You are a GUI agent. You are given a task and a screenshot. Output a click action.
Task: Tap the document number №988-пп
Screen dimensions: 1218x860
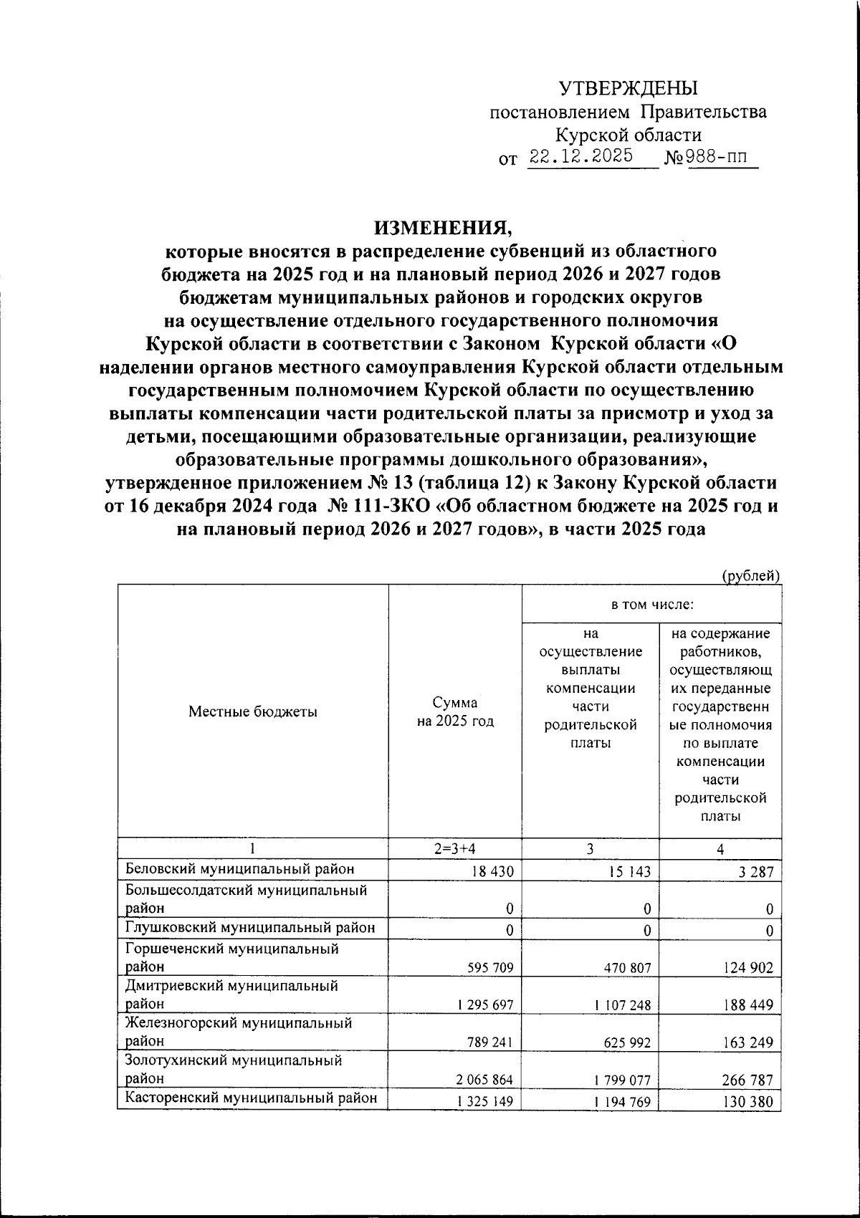[711, 157]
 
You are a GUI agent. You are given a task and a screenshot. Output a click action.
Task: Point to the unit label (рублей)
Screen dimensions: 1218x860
[750, 575]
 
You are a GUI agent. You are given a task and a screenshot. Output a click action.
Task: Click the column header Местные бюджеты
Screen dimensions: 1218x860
[252, 711]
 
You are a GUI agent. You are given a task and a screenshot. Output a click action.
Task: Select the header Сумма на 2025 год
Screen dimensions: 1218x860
[455, 711]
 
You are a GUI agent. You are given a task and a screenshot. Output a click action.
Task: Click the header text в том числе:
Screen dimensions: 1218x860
[651, 605]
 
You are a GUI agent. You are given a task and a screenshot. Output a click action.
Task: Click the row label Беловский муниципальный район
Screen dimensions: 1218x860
[240, 869]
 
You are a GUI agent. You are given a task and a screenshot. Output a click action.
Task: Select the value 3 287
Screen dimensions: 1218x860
[755, 872]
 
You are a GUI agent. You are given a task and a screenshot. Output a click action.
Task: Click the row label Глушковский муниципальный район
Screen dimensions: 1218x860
[250, 928]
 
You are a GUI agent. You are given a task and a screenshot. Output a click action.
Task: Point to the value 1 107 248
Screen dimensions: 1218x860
[622, 1005]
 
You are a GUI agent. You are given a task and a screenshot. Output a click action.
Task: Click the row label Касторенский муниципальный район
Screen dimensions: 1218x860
[251, 1098]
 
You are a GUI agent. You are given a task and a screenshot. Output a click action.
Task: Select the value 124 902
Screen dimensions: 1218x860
[747, 968]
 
